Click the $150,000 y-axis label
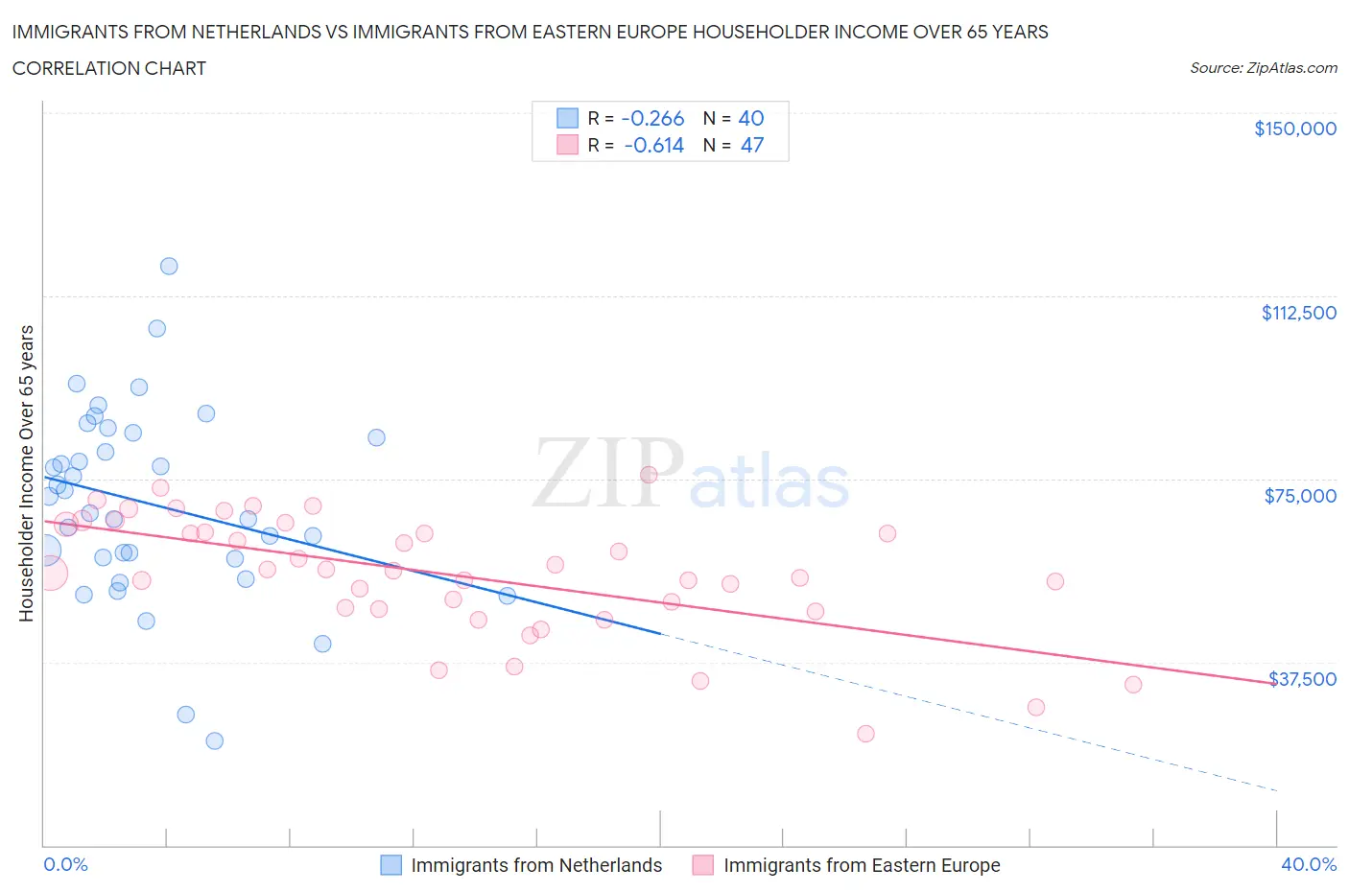[1294, 129]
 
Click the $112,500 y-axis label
[1298, 313]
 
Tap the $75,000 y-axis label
[1300, 496]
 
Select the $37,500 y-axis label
[1302, 679]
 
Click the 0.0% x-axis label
[65, 864]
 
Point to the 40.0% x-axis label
[1309, 864]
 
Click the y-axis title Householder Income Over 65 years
[27, 473]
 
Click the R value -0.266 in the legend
[652, 118]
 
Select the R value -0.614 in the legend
[653, 145]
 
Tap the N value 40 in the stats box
[750, 118]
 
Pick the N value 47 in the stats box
[751, 145]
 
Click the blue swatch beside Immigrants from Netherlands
[390, 865]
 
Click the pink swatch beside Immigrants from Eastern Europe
[703, 865]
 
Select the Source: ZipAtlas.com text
[1263, 68]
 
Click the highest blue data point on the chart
[169, 267]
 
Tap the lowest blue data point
[215, 740]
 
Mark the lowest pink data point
[865, 734]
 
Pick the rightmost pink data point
[1133, 685]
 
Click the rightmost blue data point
[508, 596]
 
